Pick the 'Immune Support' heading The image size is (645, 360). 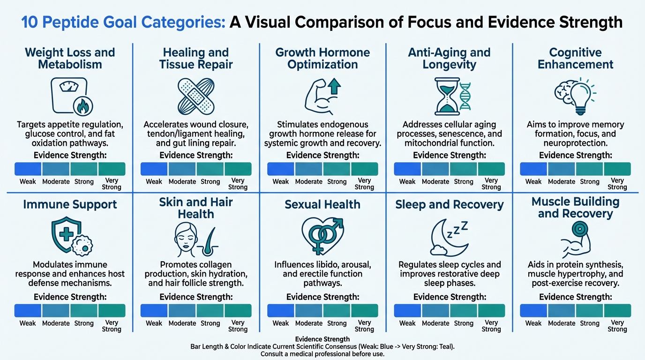[x=70, y=204]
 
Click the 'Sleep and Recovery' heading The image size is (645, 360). [x=449, y=204]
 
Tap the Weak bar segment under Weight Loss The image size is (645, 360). [x=28, y=169]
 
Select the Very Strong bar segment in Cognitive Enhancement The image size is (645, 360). [x=617, y=169]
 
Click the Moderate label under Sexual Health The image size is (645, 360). [x=309, y=323]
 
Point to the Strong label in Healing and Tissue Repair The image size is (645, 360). [x=210, y=182]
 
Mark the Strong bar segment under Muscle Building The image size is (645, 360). [x=590, y=311]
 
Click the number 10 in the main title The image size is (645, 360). [x=30, y=22]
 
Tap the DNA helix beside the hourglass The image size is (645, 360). [x=465, y=96]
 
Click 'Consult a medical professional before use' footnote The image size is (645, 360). [x=322, y=354]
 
